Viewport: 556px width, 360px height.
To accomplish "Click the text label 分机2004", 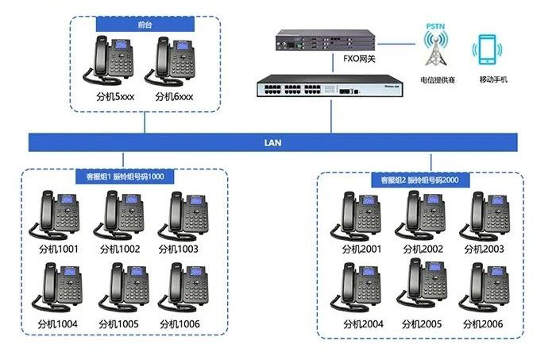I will coord(362,323).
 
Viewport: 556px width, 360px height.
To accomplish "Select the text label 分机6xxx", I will coord(174,96).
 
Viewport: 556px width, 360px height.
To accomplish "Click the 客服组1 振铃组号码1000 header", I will coord(125,176).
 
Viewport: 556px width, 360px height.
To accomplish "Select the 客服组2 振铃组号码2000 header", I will coord(419,180).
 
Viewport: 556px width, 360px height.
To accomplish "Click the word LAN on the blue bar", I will coord(273,143).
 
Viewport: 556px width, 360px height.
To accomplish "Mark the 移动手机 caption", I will coord(492,79).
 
